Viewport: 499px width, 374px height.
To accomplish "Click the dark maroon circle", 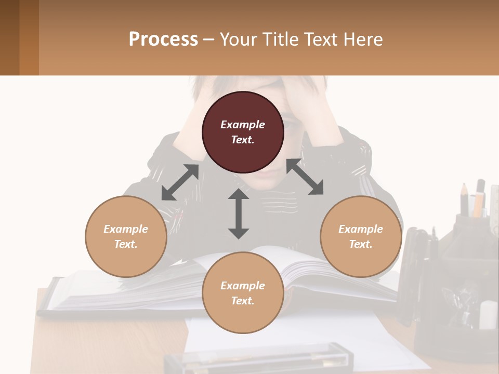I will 243,132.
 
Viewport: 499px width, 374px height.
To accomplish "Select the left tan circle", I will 126,236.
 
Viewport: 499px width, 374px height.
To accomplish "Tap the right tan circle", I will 361,236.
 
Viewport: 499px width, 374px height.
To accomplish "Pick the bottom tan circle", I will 243,293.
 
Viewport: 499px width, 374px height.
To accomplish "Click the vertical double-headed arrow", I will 239,214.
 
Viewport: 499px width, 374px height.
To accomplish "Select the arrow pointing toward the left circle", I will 180,182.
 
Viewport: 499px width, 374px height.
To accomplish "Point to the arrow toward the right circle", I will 305,177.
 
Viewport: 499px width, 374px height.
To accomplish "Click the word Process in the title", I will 163,39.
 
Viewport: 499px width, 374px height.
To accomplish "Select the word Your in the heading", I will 236,39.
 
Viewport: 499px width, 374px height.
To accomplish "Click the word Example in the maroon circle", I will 243,125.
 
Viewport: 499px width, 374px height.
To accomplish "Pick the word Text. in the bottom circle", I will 243,301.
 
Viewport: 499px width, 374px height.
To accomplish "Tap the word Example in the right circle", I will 361,229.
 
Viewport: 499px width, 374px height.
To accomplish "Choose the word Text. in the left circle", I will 126,244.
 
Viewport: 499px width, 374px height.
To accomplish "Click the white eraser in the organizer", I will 488,314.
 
